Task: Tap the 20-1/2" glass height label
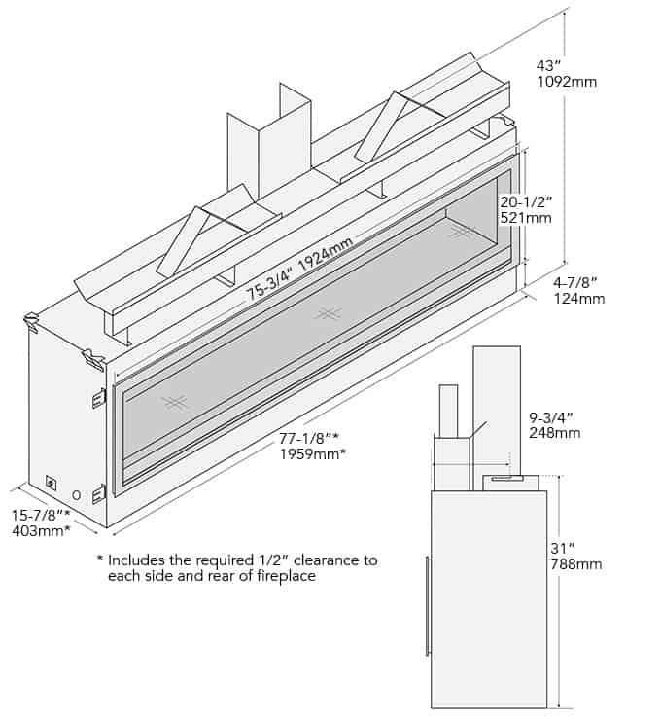525,201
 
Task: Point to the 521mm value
525,218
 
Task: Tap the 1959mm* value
314,454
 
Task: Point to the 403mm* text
40,531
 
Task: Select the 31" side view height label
563,548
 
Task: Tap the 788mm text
575,564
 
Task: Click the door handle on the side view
426,605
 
